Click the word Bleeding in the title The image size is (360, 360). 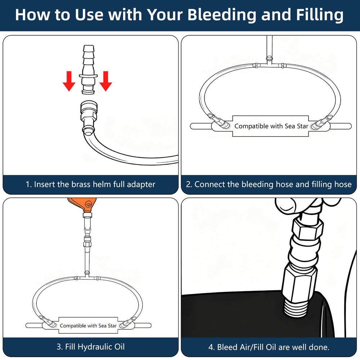click(x=221, y=15)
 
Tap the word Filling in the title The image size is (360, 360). click(x=320, y=15)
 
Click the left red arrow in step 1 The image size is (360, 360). click(x=69, y=81)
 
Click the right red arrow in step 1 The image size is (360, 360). click(x=105, y=81)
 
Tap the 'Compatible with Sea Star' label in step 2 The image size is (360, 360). click(x=271, y=126)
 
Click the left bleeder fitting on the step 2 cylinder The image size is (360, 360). click(x=219, y=121)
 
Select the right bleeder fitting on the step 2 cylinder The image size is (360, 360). click(x=321, y=122)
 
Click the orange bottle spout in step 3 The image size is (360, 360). click(x=83, y=206)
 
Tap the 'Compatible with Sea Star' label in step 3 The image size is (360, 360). click(x=88, y=325)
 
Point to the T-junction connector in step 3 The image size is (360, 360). click(x=87, y=276)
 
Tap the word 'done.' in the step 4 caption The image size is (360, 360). click(x=320, y=347)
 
